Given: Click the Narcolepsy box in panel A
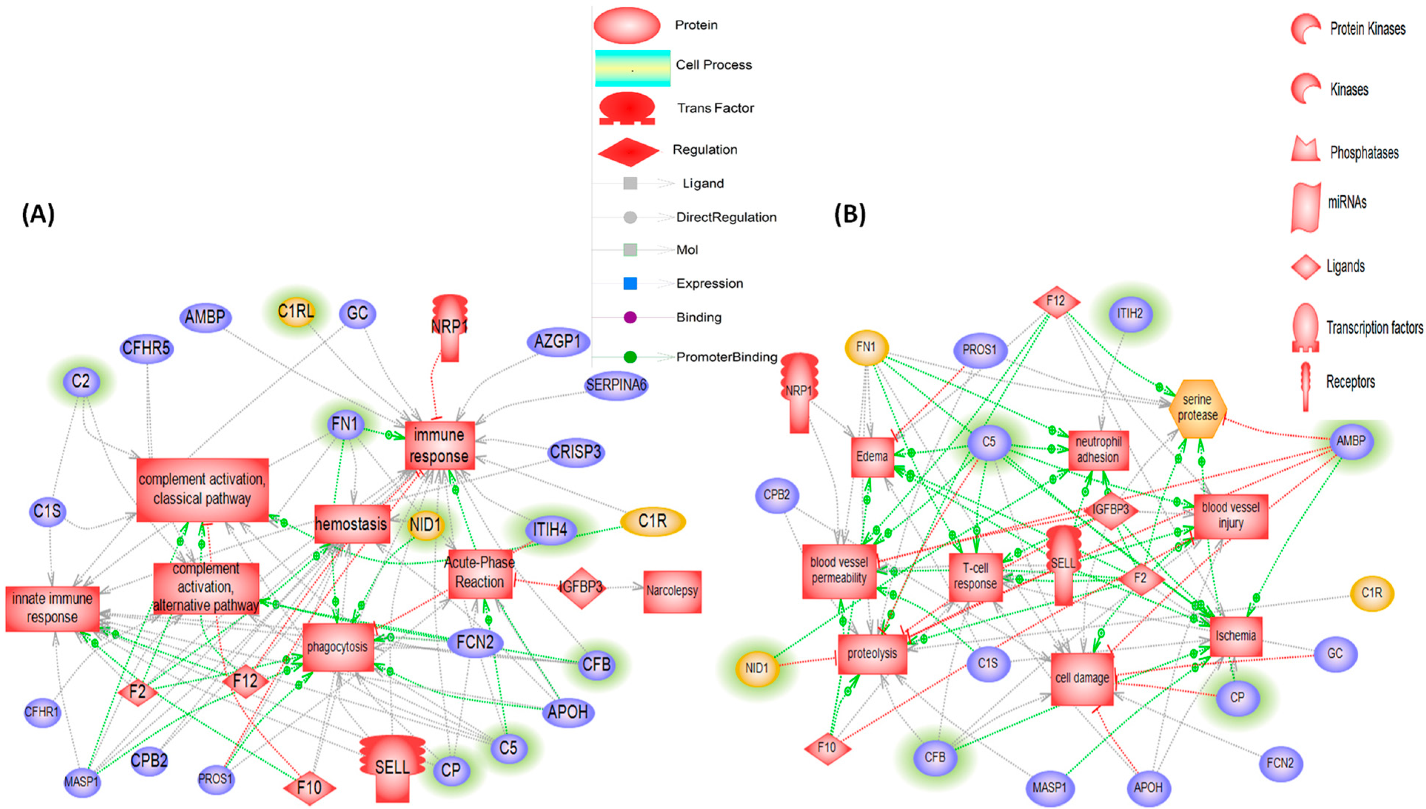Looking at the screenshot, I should click(671, 591).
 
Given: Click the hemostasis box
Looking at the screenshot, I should click(351, 524).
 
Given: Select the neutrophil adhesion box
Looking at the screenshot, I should click(1098, 449).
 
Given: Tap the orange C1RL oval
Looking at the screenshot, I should click(296, 312).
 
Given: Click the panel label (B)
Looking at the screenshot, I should click(850, 214).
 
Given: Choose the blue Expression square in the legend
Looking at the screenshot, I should click(630, 283).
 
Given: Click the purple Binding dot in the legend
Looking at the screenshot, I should click(630, 317).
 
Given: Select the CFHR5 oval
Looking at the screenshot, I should click(146, 348).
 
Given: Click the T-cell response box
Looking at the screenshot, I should click(975, 576).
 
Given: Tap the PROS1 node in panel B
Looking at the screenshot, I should click(979, 350).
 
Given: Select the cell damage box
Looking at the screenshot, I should click(1081, 678).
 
